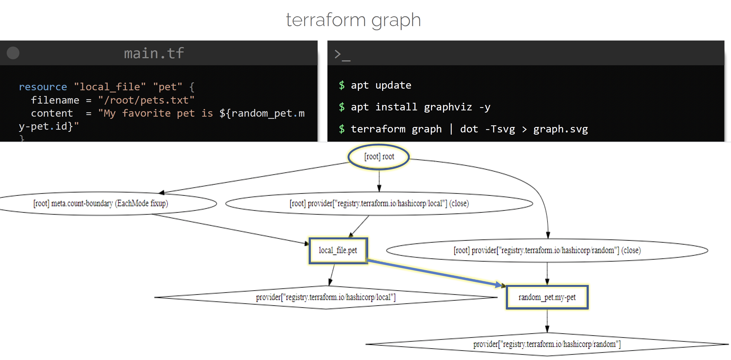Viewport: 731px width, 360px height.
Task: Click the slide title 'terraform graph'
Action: [353, 20]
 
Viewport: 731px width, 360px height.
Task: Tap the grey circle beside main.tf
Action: [13, 53]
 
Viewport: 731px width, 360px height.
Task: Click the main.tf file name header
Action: [154, 53]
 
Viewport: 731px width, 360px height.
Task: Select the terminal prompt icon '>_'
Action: [342, 54]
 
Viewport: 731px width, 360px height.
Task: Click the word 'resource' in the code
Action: [43, 87]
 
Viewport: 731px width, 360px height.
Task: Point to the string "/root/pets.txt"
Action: [146, 100]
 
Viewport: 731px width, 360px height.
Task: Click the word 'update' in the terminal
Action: [393, 85]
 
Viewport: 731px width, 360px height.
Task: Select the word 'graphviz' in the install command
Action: [448, 107]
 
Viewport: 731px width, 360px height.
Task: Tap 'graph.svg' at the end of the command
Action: [560, 129]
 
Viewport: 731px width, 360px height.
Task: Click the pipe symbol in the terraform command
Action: [451, 129]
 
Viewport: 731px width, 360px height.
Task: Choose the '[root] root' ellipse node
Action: [379, 157]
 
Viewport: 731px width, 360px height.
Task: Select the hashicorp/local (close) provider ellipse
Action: [379, 203]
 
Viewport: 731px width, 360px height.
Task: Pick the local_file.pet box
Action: [338, 250]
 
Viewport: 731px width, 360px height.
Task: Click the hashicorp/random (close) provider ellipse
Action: [547, 250]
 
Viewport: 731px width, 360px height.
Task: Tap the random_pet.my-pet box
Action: [547, 297]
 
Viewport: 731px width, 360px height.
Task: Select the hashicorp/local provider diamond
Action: [326, 297]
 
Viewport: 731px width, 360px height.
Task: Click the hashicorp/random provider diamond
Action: [547, 344]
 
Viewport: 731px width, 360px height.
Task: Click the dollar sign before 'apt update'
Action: [342, 85]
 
